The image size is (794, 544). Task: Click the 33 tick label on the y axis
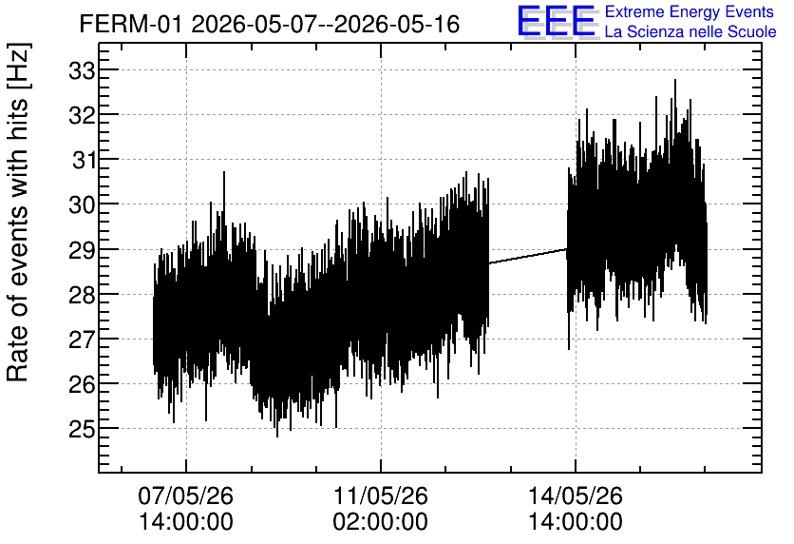81,71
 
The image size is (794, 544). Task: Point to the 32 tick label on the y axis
81,116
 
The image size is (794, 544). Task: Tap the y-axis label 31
83,160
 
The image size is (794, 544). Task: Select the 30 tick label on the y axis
81,204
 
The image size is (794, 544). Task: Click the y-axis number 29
81,250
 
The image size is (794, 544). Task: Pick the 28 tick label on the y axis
81,295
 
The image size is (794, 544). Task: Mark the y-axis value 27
81,340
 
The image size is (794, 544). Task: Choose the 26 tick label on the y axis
81,384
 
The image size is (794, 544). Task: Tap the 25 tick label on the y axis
81,429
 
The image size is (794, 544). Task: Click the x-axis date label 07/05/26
186,495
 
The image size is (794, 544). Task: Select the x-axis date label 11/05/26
380,495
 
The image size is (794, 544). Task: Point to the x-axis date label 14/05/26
576,495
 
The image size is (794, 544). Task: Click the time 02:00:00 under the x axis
380,521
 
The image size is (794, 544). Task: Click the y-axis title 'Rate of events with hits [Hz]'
18,212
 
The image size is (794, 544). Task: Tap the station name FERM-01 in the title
130,24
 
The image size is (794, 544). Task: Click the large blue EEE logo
557,21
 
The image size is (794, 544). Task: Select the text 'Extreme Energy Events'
690,11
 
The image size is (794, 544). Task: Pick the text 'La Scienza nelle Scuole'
690,31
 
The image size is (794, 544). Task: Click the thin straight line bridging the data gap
528,256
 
